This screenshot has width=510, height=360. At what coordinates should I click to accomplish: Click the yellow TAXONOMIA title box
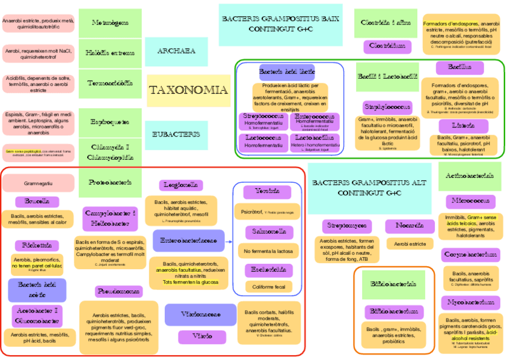click(188, 91)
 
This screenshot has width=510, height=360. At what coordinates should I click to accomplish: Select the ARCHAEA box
click(176, 51)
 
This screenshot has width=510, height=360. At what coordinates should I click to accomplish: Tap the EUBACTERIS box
click(176, 134)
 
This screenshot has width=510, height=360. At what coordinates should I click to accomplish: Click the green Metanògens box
click(110, 23)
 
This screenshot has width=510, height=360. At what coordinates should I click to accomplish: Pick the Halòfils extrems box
click(110, 53)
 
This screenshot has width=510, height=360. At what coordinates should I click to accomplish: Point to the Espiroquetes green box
click(110, 122)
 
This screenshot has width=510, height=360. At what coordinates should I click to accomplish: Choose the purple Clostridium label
click(387, 46)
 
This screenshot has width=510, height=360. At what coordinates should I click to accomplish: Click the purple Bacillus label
click(459, 67)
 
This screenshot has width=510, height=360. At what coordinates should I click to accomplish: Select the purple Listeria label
click(459, 126)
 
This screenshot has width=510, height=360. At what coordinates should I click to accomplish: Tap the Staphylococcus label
click(387, 108)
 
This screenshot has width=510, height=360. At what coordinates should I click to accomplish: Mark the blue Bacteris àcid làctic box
click(287, 72)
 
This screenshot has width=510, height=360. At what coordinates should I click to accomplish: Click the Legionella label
click(181, 185)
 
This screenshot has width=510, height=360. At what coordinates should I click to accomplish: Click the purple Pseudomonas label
click(118, 291)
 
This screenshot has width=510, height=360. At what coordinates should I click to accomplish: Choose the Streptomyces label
click(344, 226)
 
